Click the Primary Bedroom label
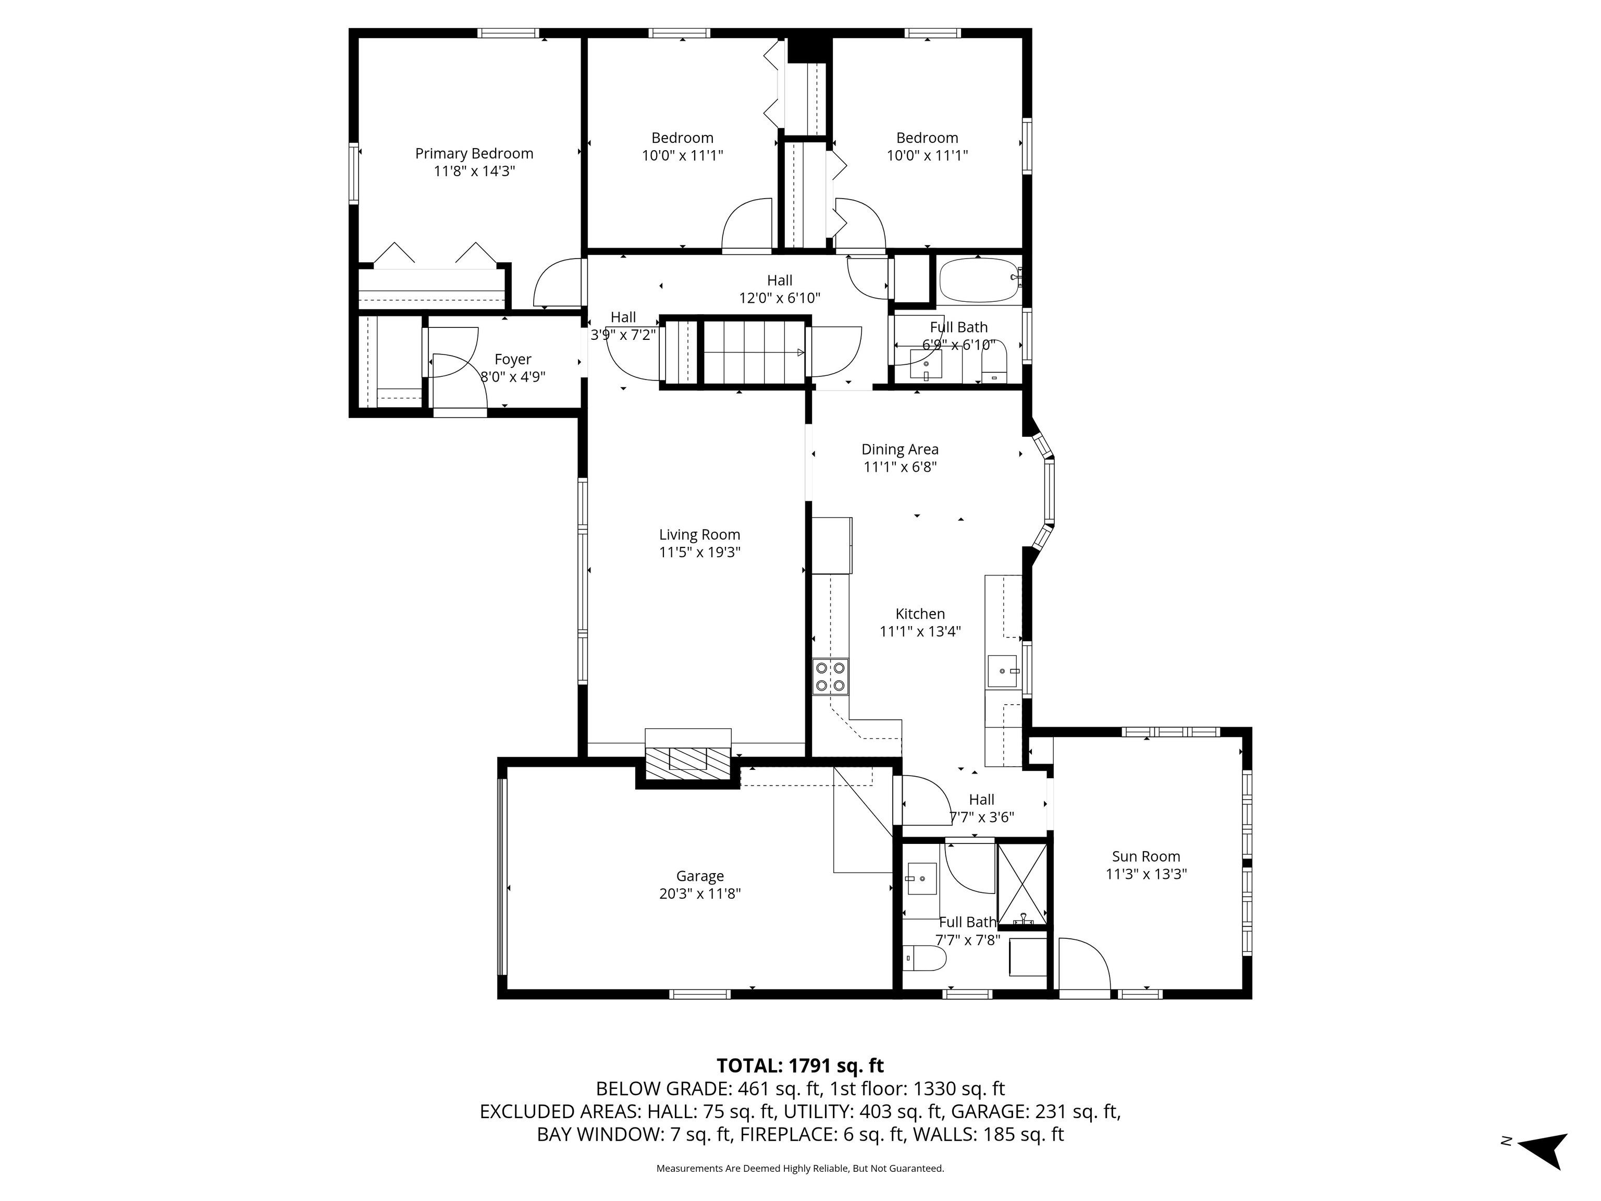click(x=474, y=153)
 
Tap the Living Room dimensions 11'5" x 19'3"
click(x=699, y=553)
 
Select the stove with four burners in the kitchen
click(x=830, y=677)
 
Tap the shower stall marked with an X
click(x=1022, y=885)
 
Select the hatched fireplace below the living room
click(x=687, y=764)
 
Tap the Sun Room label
click(x=1146, y=856)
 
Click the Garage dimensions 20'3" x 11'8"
click(x=699, y=893)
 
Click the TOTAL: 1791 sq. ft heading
click(x=800, y=1065)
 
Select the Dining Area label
click(x=900, y=449)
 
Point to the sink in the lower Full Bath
click(x=921, y=879)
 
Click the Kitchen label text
click(x=920, y=614)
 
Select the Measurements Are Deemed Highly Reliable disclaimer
click(x=800, y=1169)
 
